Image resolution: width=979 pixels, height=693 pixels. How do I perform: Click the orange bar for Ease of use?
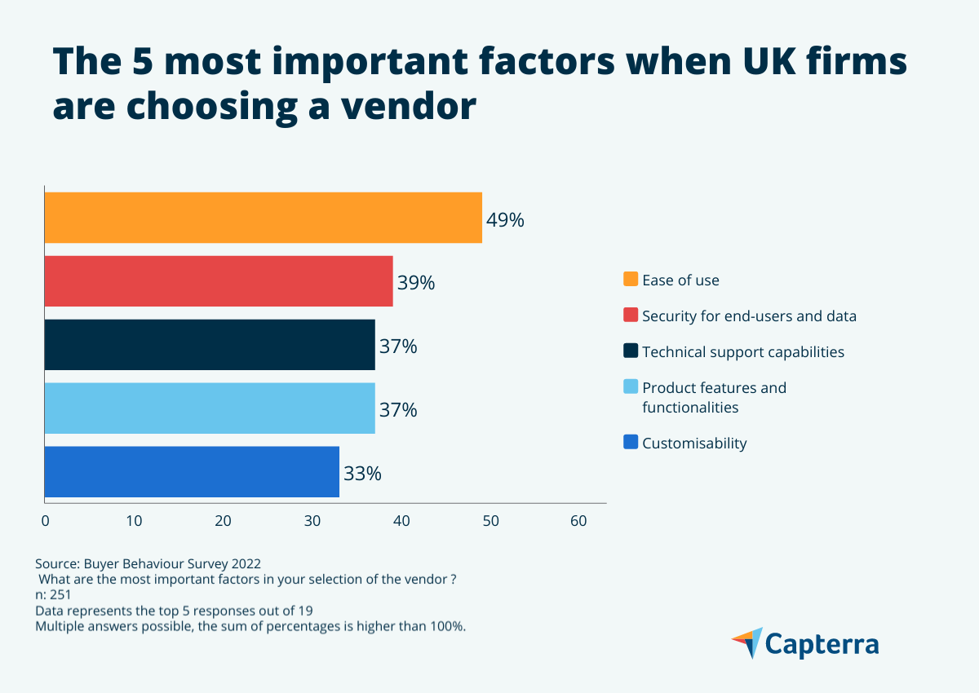[x=263, y=218]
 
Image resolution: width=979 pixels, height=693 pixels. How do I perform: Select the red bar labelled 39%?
[x=219, y=281]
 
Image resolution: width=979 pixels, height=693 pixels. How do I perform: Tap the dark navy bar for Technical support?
[x=210, y=345]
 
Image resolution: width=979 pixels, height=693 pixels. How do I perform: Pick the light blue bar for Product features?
[x=210, y=408]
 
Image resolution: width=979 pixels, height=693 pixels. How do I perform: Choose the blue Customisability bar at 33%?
[x=192, y=471]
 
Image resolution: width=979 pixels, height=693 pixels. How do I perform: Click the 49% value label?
[x=505, y=220]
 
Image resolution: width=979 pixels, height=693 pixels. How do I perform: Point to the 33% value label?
[x=362, y=474]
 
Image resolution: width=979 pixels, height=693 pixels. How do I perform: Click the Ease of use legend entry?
[x=680, y=280]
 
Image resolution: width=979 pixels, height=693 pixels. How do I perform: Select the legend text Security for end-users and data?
[x=749, y=316]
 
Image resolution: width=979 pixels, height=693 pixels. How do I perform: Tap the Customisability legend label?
[x=694, y=444]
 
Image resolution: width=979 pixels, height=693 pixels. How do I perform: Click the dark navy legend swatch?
[x=631, y=351]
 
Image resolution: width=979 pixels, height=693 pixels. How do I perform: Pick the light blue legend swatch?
[x=631, y=387]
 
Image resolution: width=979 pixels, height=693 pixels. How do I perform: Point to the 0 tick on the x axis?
[x=46, y=521]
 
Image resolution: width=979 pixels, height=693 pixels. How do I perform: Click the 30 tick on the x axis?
[x=312, y=521]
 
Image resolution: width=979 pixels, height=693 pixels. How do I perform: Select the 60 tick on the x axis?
[x=578, y=521]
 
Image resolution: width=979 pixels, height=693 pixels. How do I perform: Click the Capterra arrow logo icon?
[x=746, y=643]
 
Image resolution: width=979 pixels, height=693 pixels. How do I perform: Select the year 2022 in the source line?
[x=245, y=564]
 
